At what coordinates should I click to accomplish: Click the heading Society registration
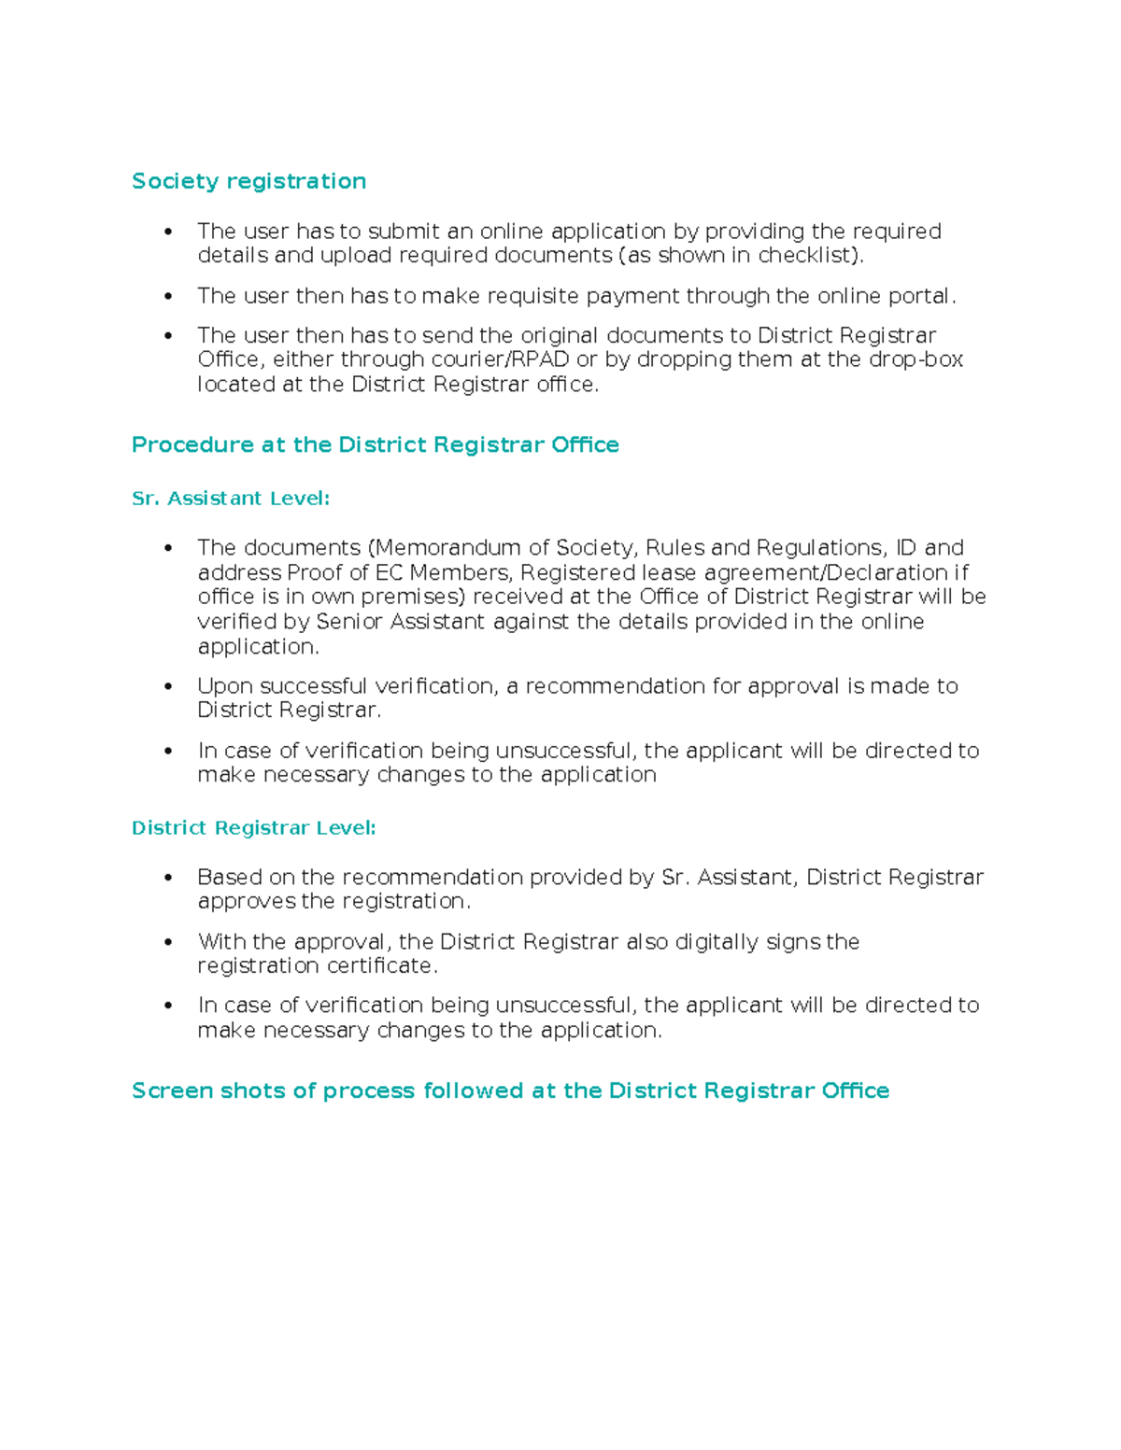pyautogui.click(x=248, y=181)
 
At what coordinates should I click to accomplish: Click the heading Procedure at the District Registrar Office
pyautogui.click(x=375, y=444)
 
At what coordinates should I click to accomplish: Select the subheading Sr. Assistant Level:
pyautogui.click(x=231, y=499)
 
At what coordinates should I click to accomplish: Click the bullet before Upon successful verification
pyautogui.click(x=168, y=686)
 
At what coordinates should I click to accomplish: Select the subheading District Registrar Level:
pyautogui.click(x=253, y=828)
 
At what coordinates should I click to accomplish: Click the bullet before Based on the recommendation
pyautogui.click(x=168, y=878)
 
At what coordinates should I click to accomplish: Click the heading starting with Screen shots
pyautogui.click(x=510, y=1091)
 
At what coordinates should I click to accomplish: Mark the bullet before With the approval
pyautogui.click(x=168, y=942)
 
